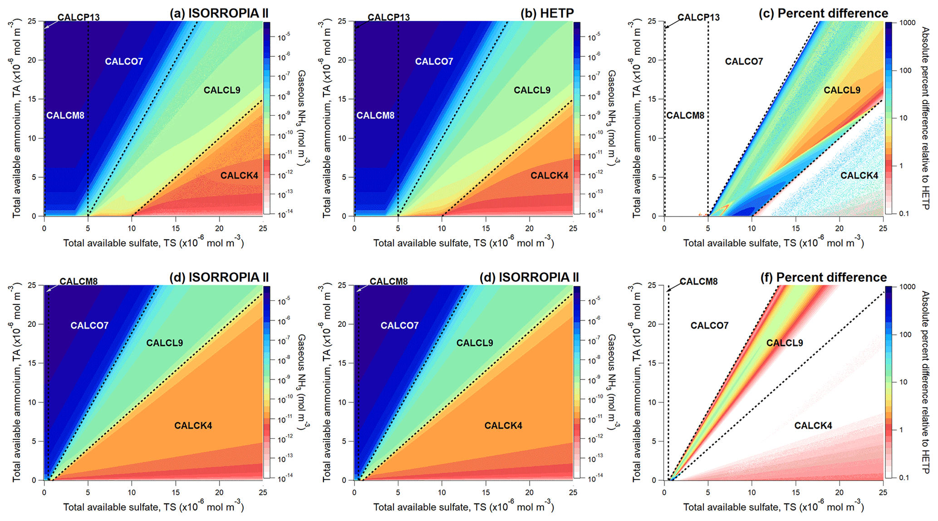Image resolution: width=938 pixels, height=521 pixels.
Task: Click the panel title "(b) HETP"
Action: (x=547, y=14)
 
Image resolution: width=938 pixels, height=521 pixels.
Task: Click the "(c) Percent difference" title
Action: (x=823, y=14)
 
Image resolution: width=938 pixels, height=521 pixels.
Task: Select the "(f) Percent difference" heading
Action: (x=823, y=277)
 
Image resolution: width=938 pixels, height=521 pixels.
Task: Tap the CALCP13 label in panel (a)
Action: (x=79, y=17)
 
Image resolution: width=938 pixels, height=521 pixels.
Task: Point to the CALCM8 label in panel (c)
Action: (x=685, y=115)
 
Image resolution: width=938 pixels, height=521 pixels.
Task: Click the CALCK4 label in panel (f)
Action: (x=813, y=426)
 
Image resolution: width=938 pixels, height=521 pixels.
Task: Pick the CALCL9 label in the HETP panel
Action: (x=532, y=90)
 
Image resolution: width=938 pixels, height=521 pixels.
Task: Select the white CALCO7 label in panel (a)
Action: (x=124, y=61)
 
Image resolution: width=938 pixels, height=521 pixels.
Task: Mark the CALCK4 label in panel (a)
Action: (x=239, y=176)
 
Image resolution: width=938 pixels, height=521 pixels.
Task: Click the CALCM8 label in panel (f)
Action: (x=698, y=281)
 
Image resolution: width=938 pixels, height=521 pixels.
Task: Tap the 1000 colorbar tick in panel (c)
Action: (x=907, y=23)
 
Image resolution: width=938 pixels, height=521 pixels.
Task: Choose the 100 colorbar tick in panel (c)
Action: (x=905, y=70)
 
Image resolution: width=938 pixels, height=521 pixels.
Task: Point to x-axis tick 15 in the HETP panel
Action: (x=486, y=228)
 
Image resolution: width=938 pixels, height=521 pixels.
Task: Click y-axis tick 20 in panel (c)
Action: (x=652, y=60)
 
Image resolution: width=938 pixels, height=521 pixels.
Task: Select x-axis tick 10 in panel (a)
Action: (x=132, y=228)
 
